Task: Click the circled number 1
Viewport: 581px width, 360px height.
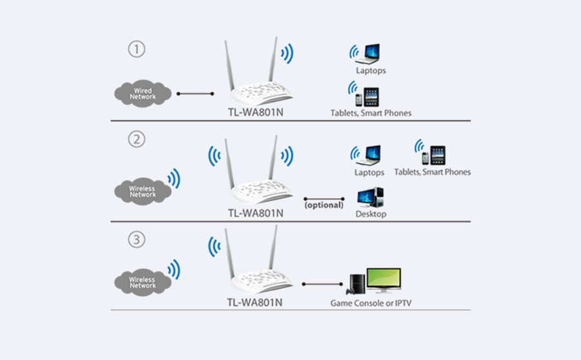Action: [x=136, y=49]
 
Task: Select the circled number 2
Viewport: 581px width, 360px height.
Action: [x=136, y=139]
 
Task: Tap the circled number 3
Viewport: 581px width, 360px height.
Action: [x=136, y=240]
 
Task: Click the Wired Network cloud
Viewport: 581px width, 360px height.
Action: [x=143, y=94]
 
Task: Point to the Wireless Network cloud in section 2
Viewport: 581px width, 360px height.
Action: [x=143, y=190]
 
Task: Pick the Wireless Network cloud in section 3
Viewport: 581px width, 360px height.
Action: [x=143, y=281]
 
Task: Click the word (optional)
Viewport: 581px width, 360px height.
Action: [x=324, y=205]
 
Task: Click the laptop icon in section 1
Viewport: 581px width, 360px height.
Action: [x=371, y=51]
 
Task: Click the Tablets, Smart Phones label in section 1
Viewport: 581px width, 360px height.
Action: [x=371, y=113]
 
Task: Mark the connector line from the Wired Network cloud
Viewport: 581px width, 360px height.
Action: [x=196, y=94]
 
